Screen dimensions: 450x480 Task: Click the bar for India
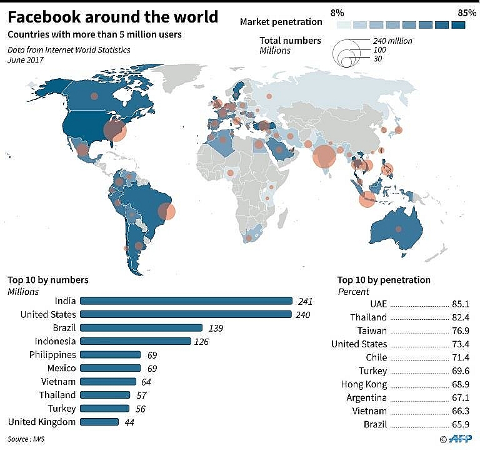coord(186,301)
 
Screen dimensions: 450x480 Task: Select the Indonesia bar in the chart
coord(135,341)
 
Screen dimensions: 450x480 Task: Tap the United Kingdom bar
coord(99,422)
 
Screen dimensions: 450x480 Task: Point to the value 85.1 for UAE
coord(461,304)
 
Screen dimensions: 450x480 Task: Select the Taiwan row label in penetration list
coord(372,330)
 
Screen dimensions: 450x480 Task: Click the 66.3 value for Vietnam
coord(461,411)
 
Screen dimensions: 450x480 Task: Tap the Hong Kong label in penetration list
coord(364,384)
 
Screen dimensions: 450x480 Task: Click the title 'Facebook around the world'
coord(113,17)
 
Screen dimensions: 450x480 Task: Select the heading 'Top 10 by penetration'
coord(384,280)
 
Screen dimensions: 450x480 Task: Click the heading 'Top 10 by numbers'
coord(48,280)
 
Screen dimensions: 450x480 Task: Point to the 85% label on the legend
coord(467,12)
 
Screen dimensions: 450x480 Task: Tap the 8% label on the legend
coord(337,12)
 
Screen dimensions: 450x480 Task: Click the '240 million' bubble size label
coord(391,41)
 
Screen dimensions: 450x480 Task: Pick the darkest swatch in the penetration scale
coord(459,25)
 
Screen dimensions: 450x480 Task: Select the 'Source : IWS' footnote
coord(27,439)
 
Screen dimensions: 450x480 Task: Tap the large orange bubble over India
coord(324,156)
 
